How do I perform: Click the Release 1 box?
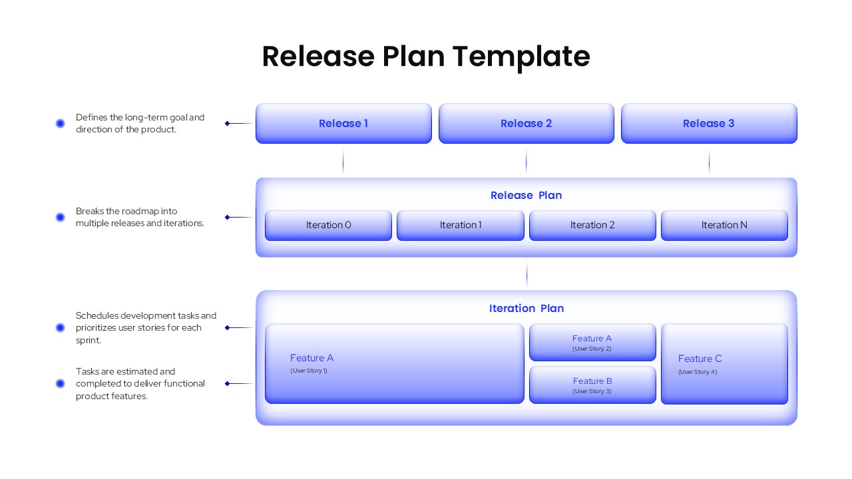(x=343, y=123)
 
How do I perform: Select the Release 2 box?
(x=526, y=123)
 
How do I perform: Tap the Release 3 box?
(x=708, y=123)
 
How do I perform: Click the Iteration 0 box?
(x=328, y=225)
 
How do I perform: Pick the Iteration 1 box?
(x=460, y=225)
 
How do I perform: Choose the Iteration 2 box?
(x=592, y=225)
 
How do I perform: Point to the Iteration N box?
(x=724, y=225)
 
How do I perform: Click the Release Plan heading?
(x=526, y=195)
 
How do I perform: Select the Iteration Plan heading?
(x=526, y=308)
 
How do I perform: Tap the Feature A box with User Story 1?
(x=394, y=363)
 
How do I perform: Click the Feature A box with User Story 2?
(x=592, y=342)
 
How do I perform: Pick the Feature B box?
(x=592, y=385)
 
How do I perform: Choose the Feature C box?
(x=724, y=363)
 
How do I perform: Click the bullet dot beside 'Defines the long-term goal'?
(x=60, y=123)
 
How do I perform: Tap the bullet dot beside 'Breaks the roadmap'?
(x=60, y=217)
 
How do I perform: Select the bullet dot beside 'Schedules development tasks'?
(x=60, y=327)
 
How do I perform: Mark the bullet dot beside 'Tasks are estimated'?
(x=60, y=383)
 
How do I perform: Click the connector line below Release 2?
(x=526, y=161)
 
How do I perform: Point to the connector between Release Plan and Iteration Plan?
(x=527, y=273)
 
